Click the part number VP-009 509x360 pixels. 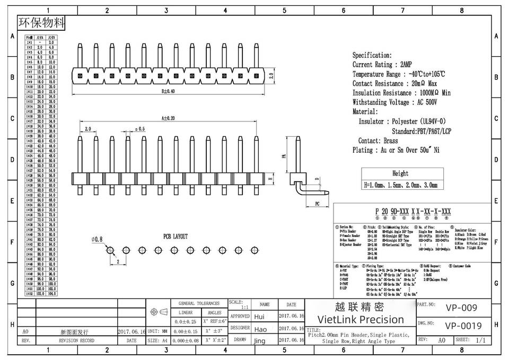click(461, 308)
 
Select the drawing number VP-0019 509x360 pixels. click(463, 326)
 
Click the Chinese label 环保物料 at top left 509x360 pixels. click(42, 23)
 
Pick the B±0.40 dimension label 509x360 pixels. click(168, 91)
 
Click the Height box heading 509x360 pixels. click(400, 173)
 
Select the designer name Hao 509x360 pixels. click(260, 329)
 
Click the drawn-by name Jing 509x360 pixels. click(259, 341)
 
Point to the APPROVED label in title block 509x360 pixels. click(240, 316)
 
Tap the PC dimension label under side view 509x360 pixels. click(317, 204)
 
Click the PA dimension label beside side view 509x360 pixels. click(284, 156)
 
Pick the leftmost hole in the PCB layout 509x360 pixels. click(110, 250)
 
